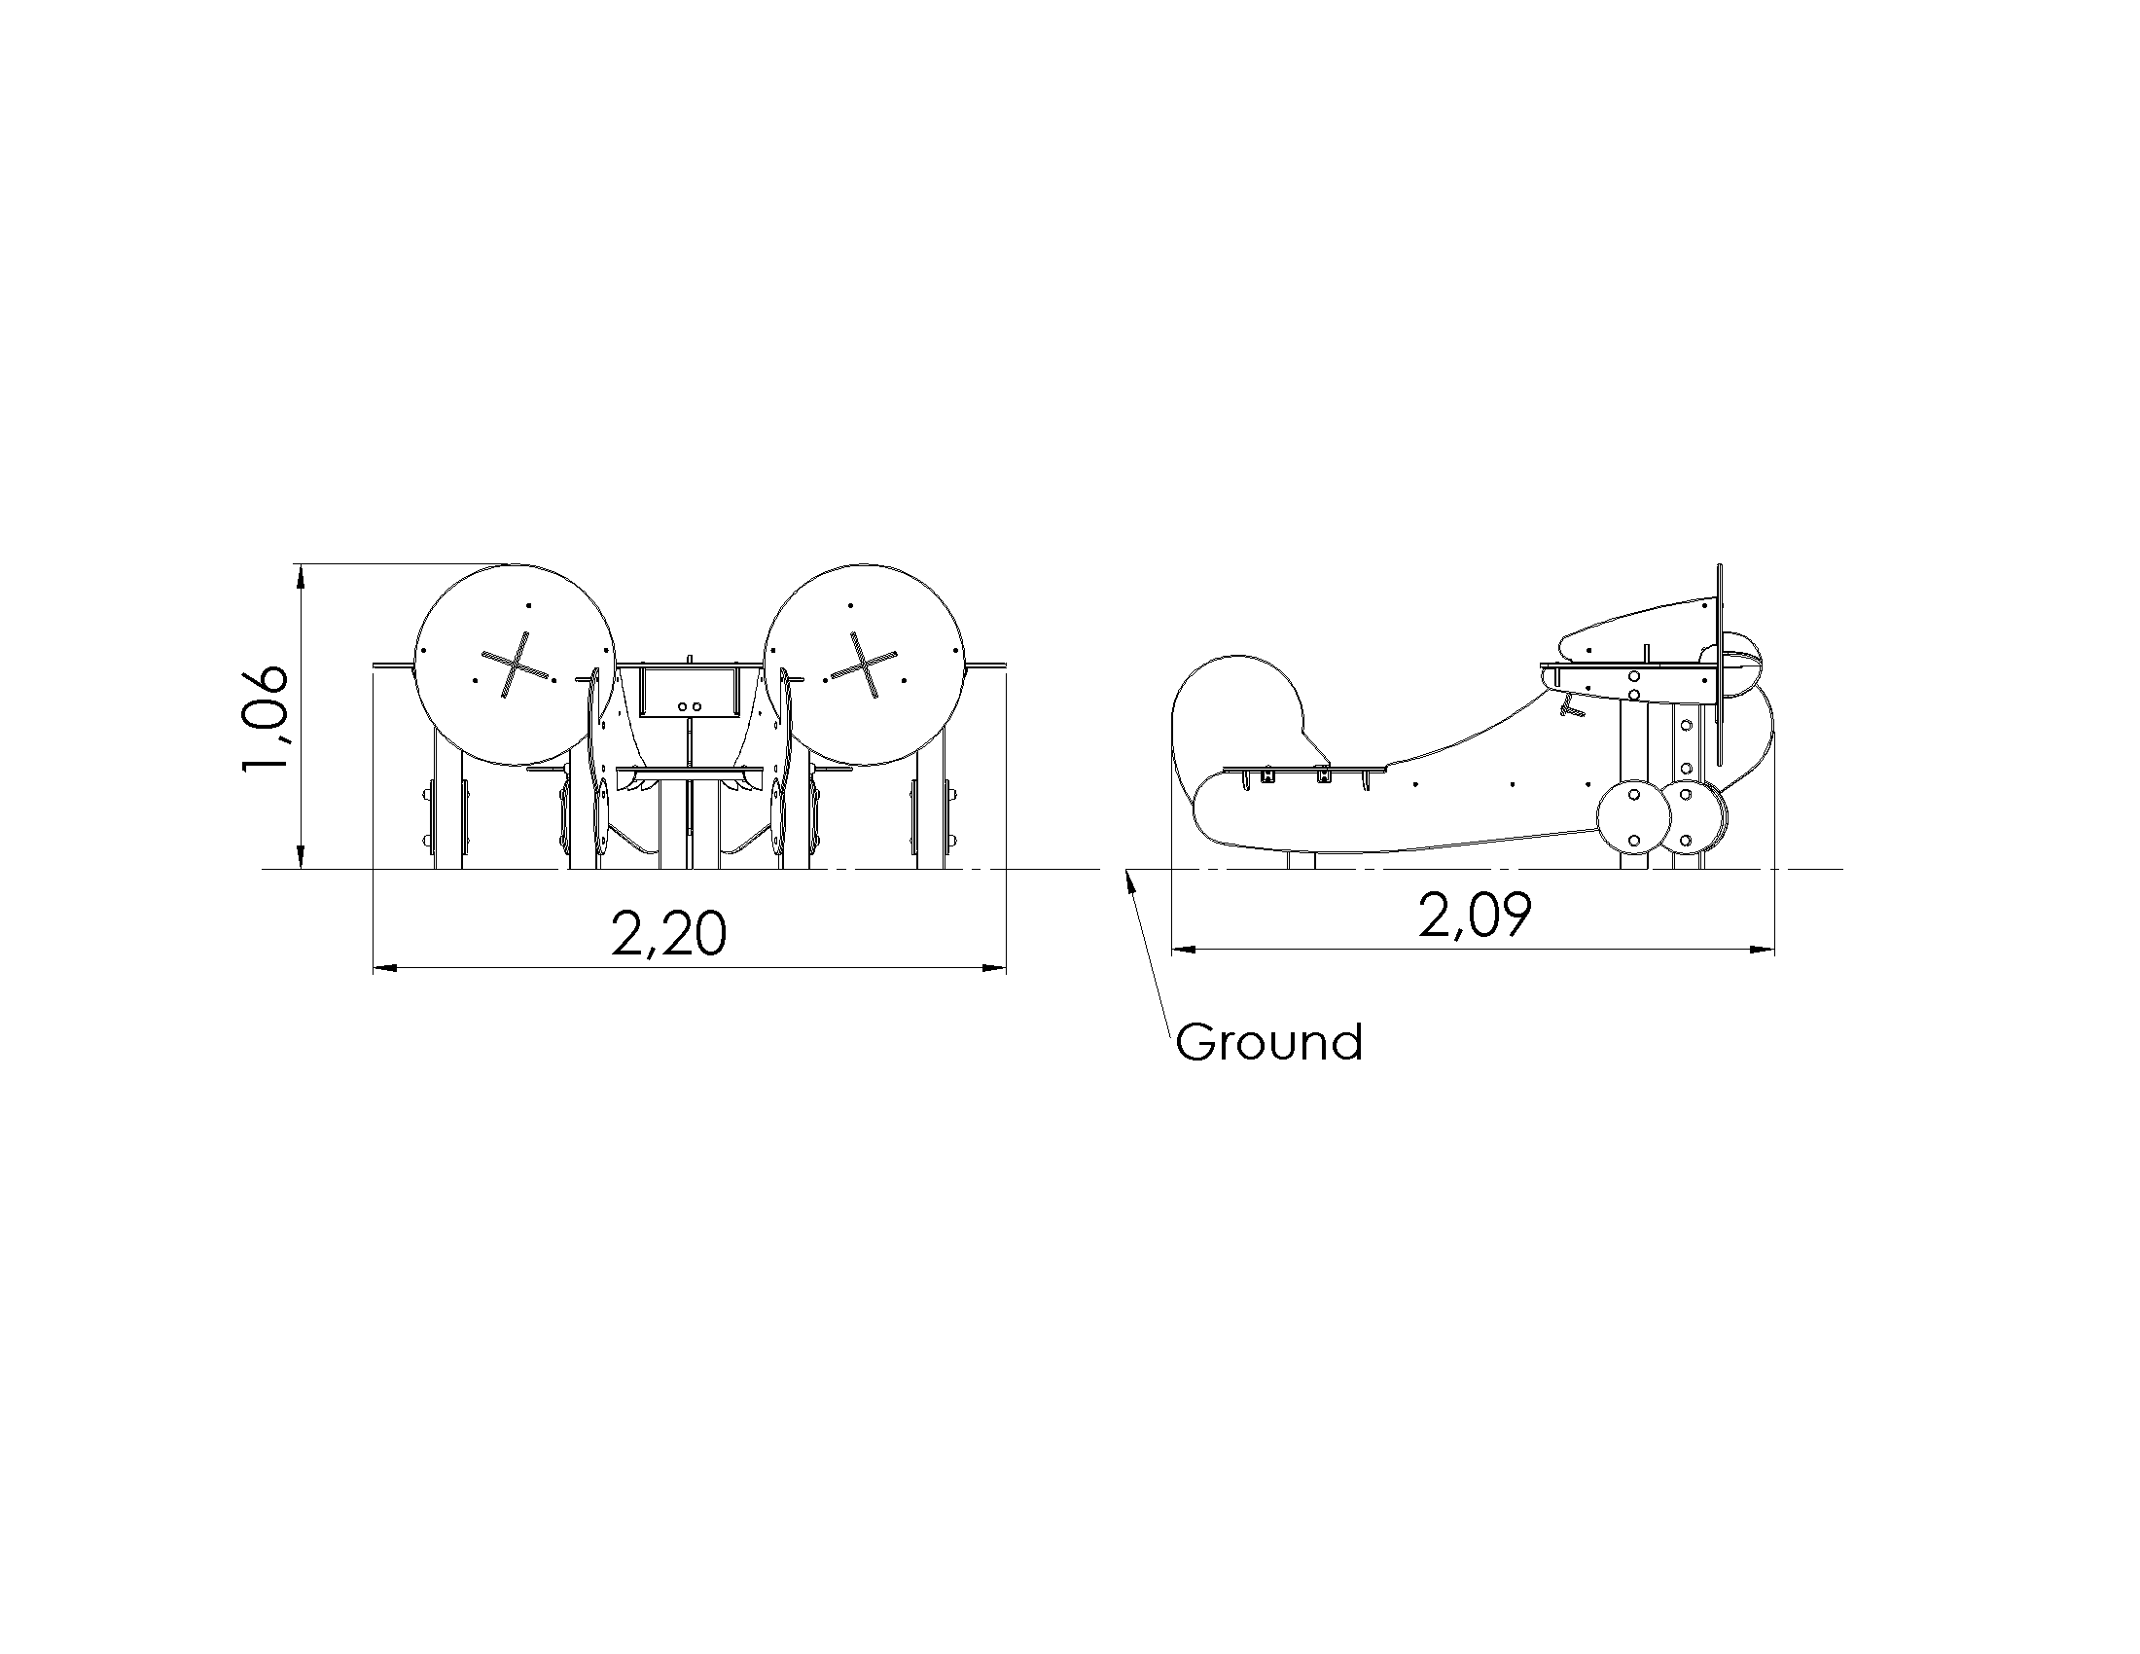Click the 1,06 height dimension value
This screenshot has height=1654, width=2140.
265,718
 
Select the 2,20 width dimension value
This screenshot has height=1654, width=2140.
669,933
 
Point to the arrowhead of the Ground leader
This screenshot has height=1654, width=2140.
1132,879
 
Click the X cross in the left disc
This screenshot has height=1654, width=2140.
518,665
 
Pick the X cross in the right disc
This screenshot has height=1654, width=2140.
862,665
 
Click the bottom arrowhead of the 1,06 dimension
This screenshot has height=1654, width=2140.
301,857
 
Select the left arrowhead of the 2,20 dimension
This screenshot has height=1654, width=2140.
385,968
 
